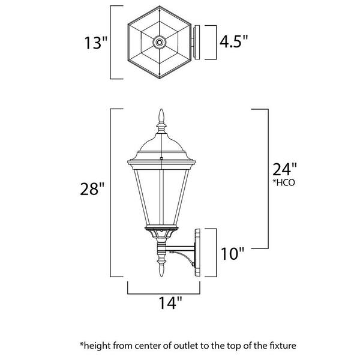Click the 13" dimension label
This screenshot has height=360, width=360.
(x=96, y=43)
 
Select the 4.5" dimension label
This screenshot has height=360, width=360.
(x=234, y=41)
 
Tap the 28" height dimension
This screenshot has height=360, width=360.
(x=92, y=189)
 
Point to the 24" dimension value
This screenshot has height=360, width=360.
(x=284, y=169)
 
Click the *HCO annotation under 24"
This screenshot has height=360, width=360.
(x=284, y=182)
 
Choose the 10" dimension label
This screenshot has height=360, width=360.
(x=232, y=254)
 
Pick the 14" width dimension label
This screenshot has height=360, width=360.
(x=170, y=303)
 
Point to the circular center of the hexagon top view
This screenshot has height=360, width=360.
(x=160, y=42)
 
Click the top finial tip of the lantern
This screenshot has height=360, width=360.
(x=161, y=109)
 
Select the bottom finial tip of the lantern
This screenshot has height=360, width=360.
(x=161, y=276)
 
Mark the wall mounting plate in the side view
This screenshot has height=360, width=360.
(x=197, y=253)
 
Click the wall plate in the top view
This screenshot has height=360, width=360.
(x=196, y=42)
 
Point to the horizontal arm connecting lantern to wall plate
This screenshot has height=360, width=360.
(x=180, y=248)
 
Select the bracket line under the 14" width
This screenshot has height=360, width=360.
(x=164, y=293)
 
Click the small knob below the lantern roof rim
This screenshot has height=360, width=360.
(x=161, y=158)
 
